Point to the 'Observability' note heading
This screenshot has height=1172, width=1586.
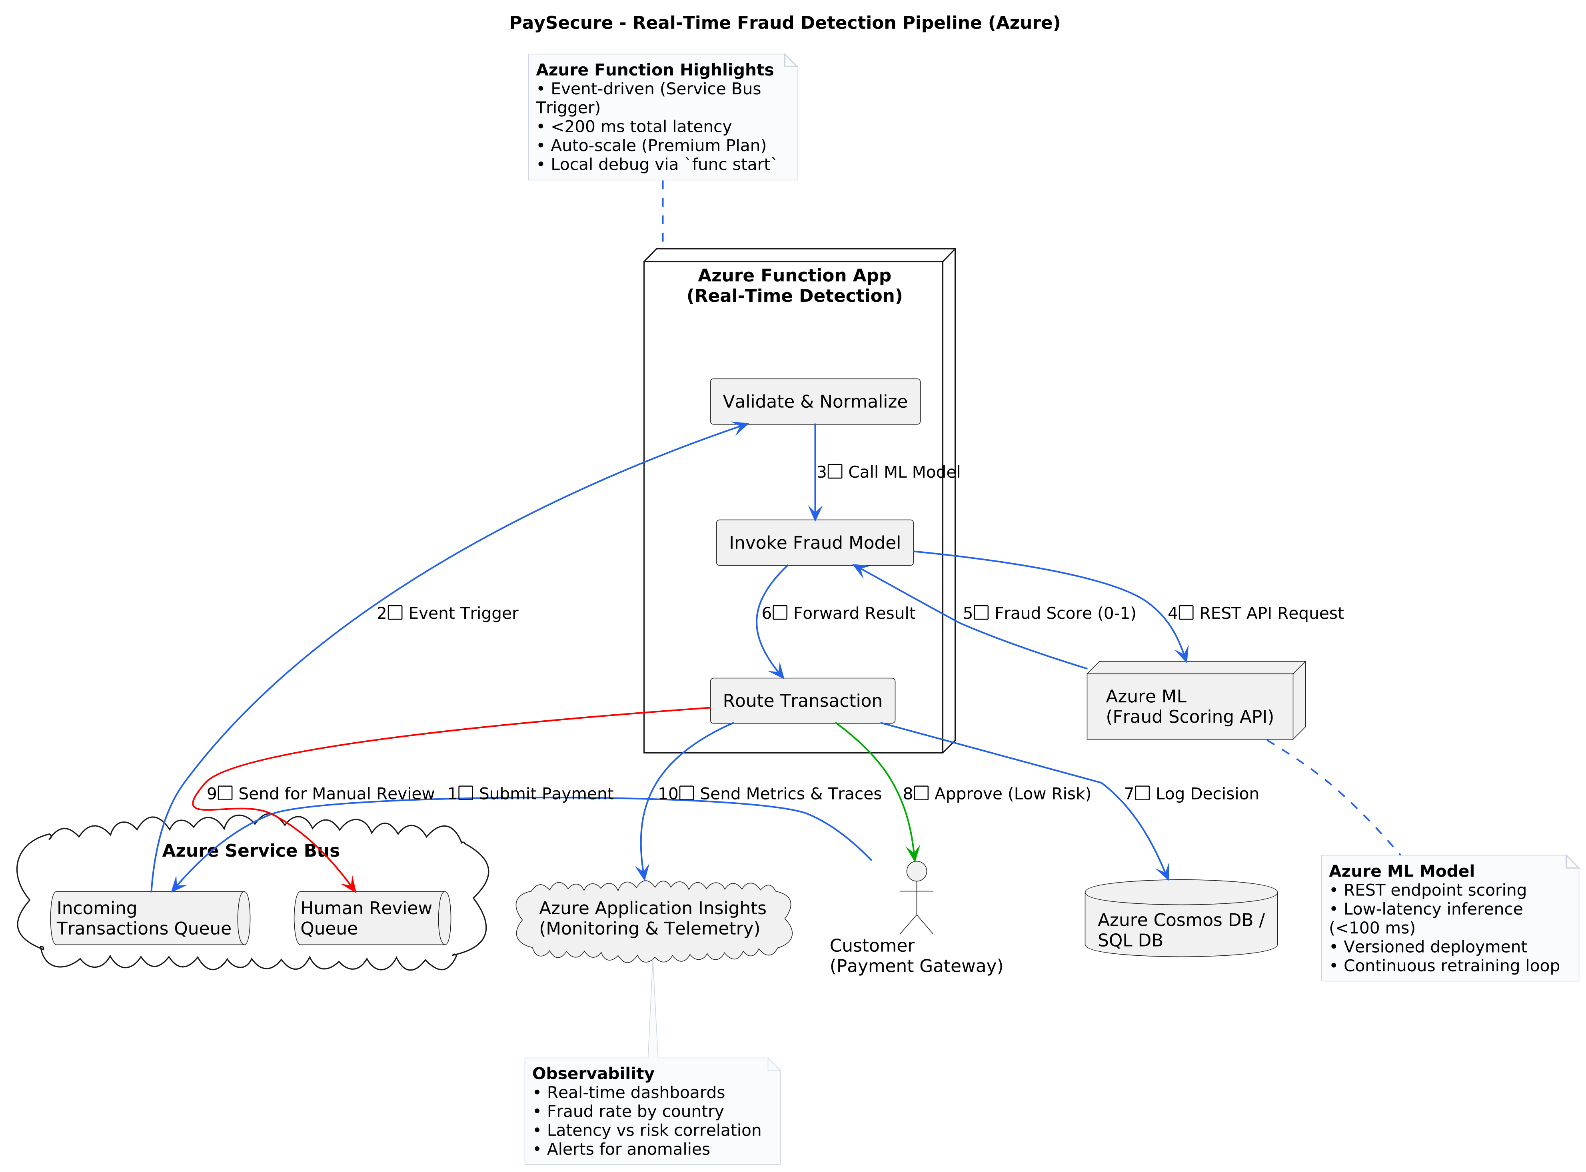click(x=593, y=1073)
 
